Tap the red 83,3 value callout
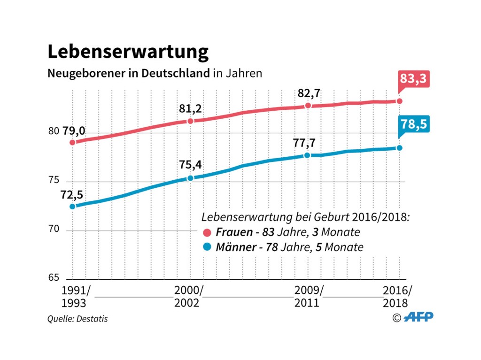click(413, 78)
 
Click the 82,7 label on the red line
click(309, 93)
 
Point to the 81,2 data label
click(190, 109)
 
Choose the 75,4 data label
click(190, 165)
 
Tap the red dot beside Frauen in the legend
click(207, 232)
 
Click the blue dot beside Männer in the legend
click(207, 247)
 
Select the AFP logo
click(419, 317)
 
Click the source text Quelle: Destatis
click(77, 319)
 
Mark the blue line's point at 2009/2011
click(307, 155)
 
